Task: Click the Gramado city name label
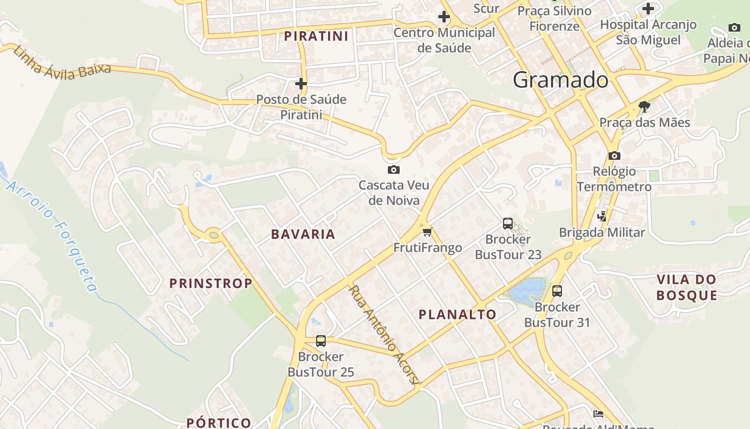(560, 80)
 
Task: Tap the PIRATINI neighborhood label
(316, 36)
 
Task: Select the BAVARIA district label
(303, 234)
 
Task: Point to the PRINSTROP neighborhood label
(211, 284)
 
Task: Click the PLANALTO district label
(457, 315)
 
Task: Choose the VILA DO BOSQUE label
(686, 287)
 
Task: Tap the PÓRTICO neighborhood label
(219, 423)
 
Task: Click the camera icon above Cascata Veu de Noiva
(393, 170)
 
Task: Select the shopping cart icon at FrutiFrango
(427, 232)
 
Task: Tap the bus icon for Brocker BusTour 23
(508, 224)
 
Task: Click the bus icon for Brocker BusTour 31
(557, 291)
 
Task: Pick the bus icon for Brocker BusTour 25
(321, 341)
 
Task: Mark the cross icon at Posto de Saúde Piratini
(301, 84)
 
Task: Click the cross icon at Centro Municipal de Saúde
(444, 17)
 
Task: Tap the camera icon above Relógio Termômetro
(614, 156)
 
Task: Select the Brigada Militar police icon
(602, 217)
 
